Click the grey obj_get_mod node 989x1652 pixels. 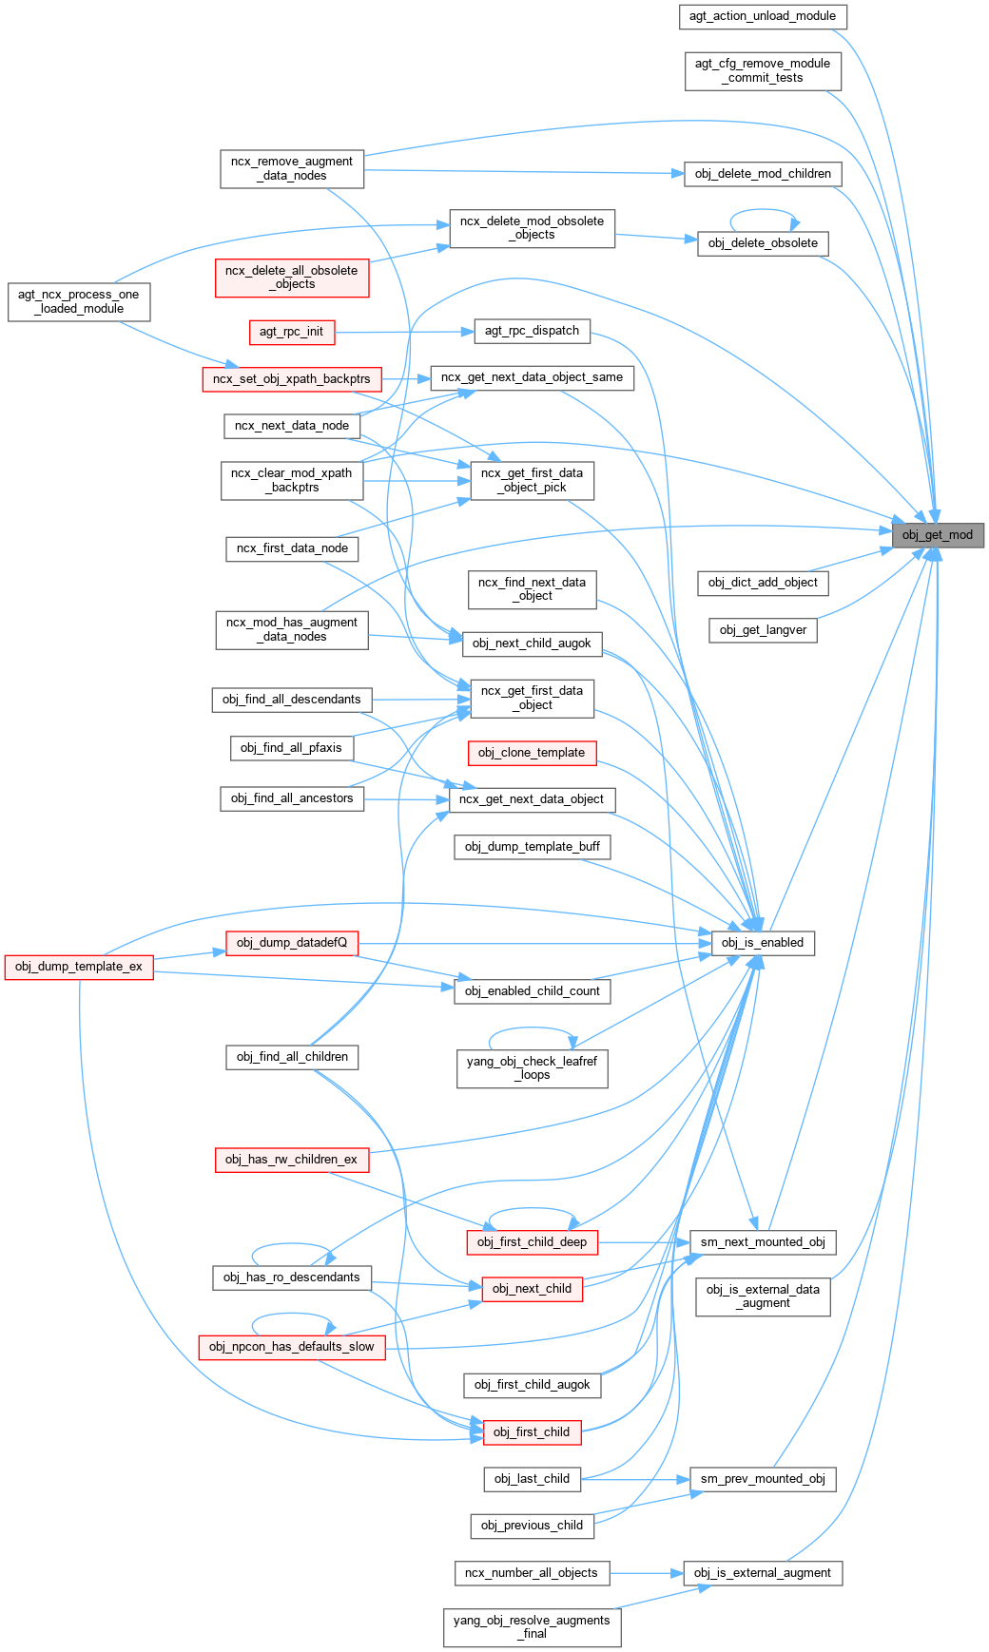[x=937, y=535]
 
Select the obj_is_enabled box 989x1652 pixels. [x=763, y=943]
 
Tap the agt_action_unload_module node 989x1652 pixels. [x=763, y=16]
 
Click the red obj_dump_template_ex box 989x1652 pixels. [x=79, y=967]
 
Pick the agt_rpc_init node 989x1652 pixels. [x=291, y=332]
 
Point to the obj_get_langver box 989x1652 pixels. [x=763, y=630]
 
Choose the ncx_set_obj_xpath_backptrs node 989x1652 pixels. [x=291, y=379]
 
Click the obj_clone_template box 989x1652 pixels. [x=532, y=753]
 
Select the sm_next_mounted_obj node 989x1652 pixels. [x=763, y=1242]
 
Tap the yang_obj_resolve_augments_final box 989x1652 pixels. [x=532, y=1627]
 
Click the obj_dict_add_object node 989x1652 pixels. [x=763, y=583]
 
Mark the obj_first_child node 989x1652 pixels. [x=532, y=1432]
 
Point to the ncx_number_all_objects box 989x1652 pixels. [x=531, y=1573]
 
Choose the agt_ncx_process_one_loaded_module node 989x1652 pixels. [x=79, y=301]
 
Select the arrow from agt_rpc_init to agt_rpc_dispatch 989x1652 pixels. [x=404, y=332]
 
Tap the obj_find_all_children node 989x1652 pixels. [x=292, y=1057]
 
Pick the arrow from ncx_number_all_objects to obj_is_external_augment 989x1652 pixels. [x=647, y=1573]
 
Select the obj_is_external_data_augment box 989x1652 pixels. [x=763, y=1297]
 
